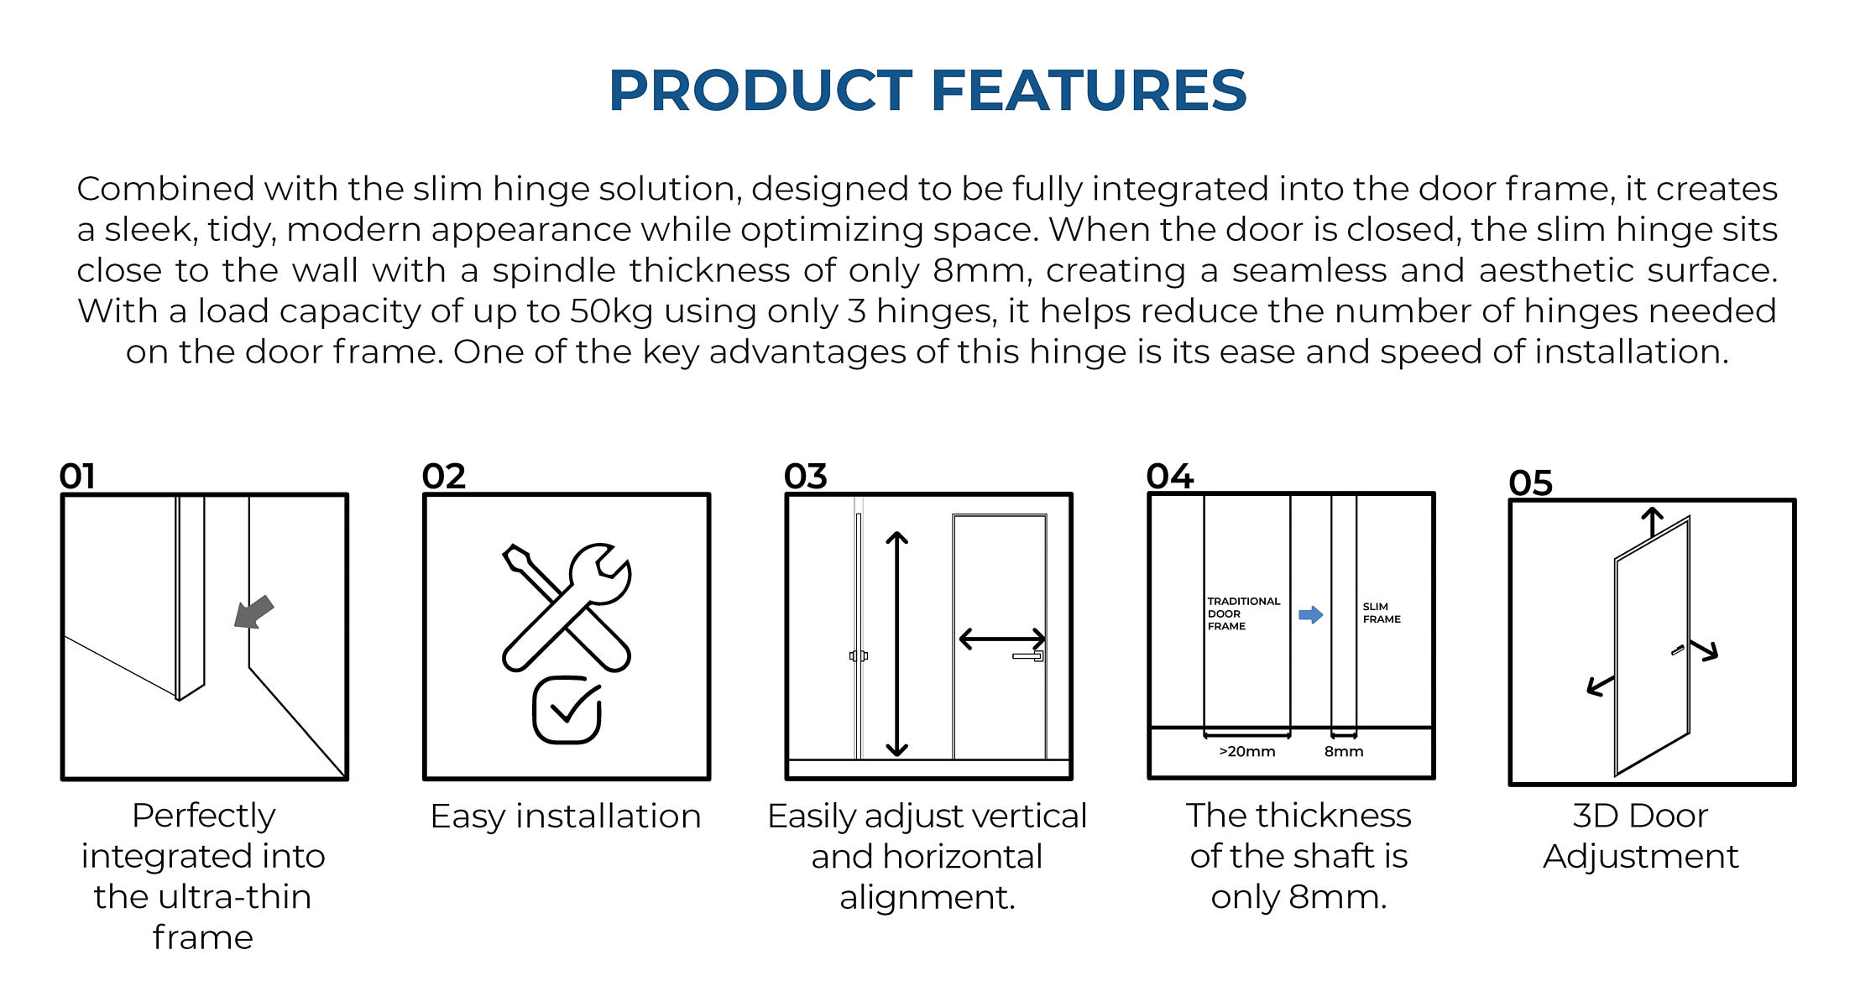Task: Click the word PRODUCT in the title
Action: coord(761,90)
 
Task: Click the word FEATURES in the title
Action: coord(1089,90)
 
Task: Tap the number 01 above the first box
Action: coord(77,477)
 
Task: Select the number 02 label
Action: coord(443,477)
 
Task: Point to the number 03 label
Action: coord(806,477)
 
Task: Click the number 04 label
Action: coord(1169,477)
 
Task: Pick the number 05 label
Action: coord(1531,483)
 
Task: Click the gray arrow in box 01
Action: coord(253,612)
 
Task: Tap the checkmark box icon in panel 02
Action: coord(567,710)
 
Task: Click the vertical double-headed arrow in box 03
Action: coord(897,644)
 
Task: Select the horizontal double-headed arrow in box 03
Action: coord(1002,639)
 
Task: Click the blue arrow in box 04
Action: coord(1310,615)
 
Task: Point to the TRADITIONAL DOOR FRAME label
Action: coord(1244,613)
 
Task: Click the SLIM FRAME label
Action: coord(1382,613)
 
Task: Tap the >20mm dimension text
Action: coord(1247,752)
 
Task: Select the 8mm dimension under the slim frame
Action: coord(1344,752)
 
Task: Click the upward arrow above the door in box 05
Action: coord(1653,522)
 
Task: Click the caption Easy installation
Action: coord(566,817)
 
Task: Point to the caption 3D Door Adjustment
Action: coord(1641,837)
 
